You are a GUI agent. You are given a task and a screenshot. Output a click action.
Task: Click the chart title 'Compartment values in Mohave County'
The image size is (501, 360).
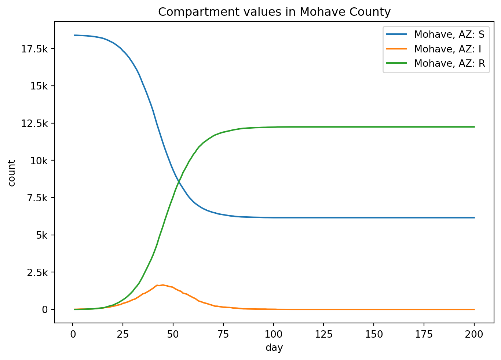(274, 12)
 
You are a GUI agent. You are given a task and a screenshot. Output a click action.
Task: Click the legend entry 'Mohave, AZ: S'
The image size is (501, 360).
(449, 34)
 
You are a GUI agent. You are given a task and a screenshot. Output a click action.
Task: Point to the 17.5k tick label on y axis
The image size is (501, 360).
(35, 49)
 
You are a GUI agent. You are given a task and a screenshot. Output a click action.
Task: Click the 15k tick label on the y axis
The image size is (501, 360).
(39, 86)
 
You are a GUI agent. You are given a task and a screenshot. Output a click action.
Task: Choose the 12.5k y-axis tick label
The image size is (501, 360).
(35, 123)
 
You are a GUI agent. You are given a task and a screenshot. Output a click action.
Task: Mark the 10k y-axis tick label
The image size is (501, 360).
(39, 161)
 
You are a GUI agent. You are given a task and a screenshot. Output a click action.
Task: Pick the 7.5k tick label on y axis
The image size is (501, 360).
(37, 198)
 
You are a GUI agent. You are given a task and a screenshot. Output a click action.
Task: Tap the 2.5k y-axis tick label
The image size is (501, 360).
(37, 272)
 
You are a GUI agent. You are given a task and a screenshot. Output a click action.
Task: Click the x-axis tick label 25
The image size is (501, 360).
(123, 334)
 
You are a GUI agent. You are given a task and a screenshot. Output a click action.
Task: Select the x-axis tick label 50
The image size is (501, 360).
(173, 334)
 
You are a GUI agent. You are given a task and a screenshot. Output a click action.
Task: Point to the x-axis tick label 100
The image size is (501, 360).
(273, 334)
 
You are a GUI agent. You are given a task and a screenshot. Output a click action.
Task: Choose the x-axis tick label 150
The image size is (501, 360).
(374, 334)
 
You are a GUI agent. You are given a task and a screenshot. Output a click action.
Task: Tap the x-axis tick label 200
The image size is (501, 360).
(474, 334)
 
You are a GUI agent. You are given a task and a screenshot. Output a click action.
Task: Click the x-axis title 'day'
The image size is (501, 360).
(274, 348)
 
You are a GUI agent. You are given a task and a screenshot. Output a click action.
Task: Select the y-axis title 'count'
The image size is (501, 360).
(12, 173)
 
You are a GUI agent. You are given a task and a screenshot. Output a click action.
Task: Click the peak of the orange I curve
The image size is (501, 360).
(163, 285)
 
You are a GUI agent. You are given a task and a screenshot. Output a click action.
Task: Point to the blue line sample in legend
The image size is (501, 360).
(396, 34)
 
